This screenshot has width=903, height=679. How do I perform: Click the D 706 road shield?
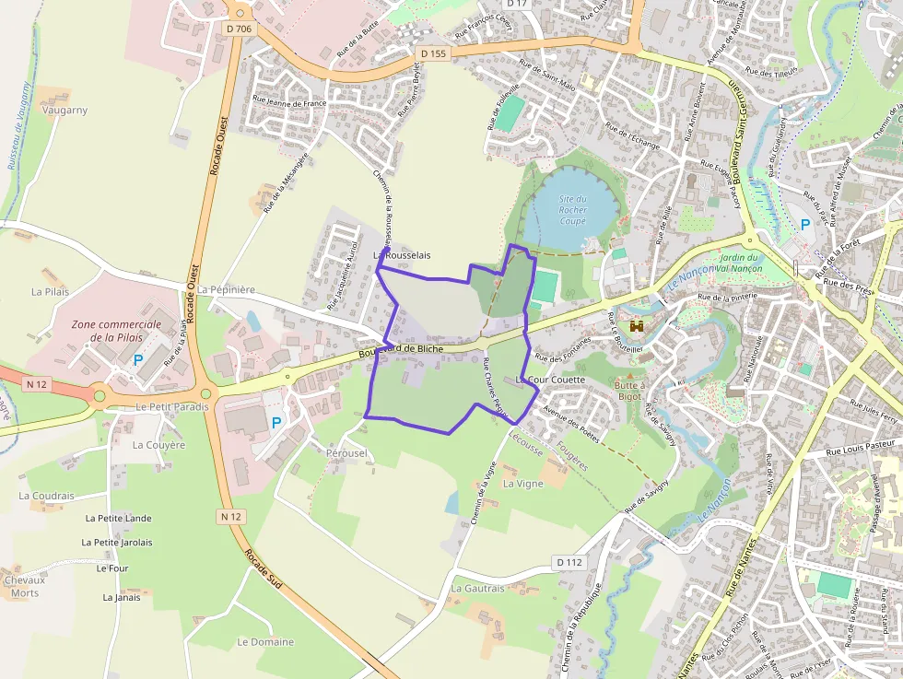(x=238, y=29)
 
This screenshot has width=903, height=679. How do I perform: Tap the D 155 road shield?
(x=432, y=54)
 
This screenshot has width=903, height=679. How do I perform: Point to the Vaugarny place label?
(x=64, y=110)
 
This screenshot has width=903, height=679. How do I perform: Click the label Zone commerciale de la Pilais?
(x=116, y=331)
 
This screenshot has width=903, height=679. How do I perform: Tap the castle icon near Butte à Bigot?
(x=636, y=326)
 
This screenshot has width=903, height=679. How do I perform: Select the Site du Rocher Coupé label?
(x=572, y=210)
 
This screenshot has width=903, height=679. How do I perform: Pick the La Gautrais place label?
(x=477, y=589)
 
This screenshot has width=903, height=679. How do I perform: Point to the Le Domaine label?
(x=265, y=642)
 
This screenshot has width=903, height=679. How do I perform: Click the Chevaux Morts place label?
(x=25, y=586)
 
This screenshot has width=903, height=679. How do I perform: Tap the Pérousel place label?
(x=346, y=453)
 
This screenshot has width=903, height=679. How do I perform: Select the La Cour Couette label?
(x=551, y=380)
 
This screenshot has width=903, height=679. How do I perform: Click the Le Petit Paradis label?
(x=172, y=406)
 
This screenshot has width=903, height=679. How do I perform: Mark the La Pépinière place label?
(x=226, y=289)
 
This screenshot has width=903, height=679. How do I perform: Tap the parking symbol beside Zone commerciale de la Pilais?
(x=137, y=360)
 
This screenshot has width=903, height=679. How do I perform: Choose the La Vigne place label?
(x=522, y=483)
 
